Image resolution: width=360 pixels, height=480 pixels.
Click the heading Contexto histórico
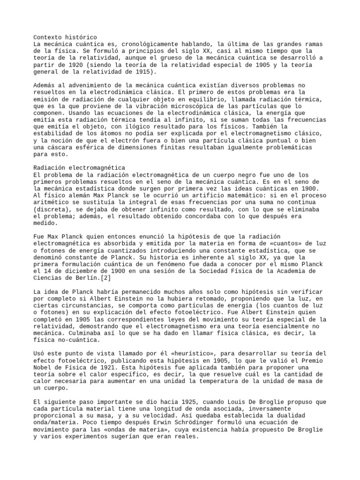click(65, 37)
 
